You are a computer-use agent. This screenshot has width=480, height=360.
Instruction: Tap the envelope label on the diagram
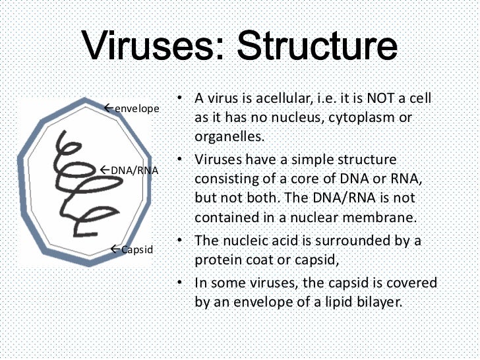click(137, 108)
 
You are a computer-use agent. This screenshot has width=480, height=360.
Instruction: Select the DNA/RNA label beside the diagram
click(135, 170)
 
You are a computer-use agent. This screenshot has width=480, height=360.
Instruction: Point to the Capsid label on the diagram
click(137, 249)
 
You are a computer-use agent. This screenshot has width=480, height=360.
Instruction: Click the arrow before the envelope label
click(109, 107)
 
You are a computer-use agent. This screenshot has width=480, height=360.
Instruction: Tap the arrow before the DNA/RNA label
click(105, 169)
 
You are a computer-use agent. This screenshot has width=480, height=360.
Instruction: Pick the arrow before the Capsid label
click(115, 249)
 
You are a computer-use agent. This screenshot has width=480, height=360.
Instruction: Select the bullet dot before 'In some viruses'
click(180, 283)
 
